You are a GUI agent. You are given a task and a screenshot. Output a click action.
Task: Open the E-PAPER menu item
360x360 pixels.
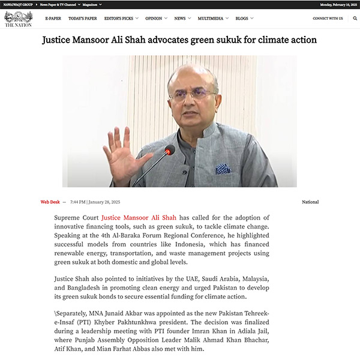(53, 19)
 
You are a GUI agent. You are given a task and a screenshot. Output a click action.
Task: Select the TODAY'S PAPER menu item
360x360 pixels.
(82, 19)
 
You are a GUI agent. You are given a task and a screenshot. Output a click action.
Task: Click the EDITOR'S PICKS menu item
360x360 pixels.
(119, 19)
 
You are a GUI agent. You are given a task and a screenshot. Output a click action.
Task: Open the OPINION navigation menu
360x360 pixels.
(154, 19)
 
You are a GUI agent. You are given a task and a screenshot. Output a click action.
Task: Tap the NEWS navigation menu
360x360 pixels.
(180, 19)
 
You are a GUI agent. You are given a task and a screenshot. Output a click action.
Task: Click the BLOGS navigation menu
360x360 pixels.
(242, 19)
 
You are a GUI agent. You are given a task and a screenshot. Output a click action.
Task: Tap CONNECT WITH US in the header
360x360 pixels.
(328, 19)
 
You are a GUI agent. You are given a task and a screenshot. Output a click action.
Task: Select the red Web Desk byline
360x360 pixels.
(50, 202)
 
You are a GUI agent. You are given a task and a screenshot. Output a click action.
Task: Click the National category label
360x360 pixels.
(310, 202)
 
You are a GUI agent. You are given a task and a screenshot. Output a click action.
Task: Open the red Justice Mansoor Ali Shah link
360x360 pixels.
(139, 217)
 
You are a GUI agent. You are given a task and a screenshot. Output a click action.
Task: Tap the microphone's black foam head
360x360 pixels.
(170, 150)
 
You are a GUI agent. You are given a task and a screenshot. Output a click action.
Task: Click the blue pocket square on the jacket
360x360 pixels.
(224, 169)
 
